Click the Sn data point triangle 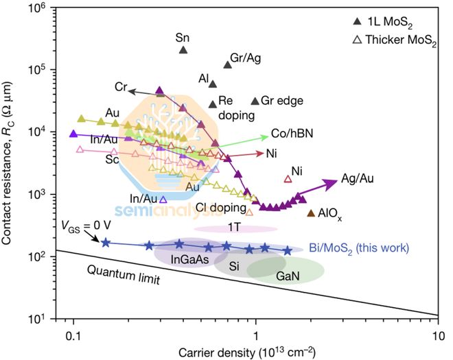pyautogui.click(x=183, y=49)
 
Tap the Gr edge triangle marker pyautogui.click(x=255, y=101)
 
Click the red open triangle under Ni pyautogui.click(x=288, y=179)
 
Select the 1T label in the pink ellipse pyautogui.click(x=233, y=226)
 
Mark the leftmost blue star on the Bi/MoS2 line pyautogui.click(x=106, y=242)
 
